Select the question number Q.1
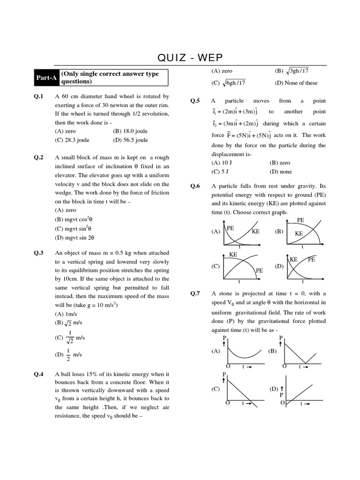[x=38, y=97]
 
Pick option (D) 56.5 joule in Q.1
[x=130, y=140]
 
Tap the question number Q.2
[x=38, y=158]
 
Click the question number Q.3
[x=38, y=253]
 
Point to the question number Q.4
[x=38, y=374]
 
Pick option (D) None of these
[x=296, y=83]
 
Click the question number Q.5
[x=195, y=101]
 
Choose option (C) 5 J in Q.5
[x=220, y=172]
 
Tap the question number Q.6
[x=195, y=186]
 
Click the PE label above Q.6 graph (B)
[x=300, y=220]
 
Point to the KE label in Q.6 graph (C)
[x=233, y=255]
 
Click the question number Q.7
[x=195, y=294]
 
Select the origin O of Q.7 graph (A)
[x=228, y=366]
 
